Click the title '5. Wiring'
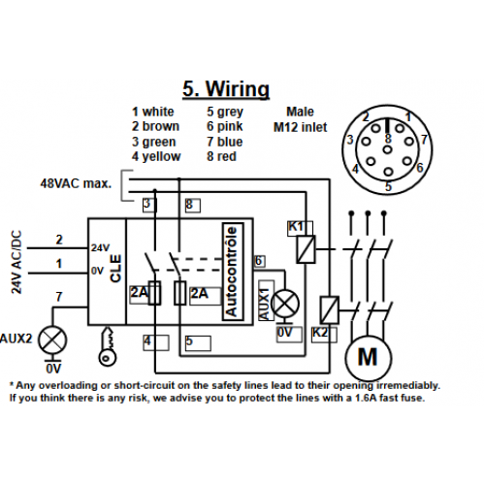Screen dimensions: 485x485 click(226, 89)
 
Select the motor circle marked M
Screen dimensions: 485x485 click(369, 358)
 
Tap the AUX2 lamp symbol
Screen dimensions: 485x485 click(52, 339)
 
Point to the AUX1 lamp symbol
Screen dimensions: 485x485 click(285, 304)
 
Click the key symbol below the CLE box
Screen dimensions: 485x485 click(107, 346)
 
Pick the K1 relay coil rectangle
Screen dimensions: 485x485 click(306, 249)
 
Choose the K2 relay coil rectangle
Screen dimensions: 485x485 click(330, 310)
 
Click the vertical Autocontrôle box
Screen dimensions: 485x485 click(233, 272)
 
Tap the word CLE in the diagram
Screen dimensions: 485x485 click(115, 269)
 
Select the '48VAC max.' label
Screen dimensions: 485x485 click(76, 183)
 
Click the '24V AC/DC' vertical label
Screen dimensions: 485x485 click(16, 262)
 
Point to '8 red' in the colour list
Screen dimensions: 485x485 click(221, 156)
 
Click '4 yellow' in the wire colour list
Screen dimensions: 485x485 click(156, 156)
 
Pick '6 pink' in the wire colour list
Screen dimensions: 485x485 click(225, 126)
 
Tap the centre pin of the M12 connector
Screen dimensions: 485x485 click(387, 149)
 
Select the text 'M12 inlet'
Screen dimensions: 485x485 click(300, 127)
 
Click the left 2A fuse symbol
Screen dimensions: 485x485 click(155, 293)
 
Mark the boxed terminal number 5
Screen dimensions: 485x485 click(198, 343)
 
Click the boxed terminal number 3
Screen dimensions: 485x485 click(149, 205)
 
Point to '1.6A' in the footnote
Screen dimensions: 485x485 click(366, 398)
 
